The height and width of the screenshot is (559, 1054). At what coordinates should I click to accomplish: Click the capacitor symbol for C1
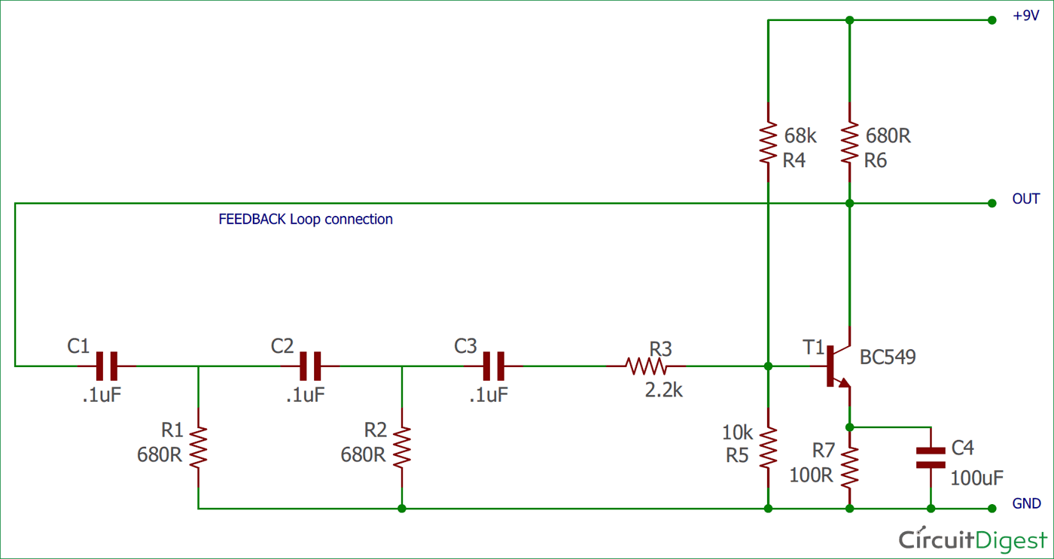tap(107, 366)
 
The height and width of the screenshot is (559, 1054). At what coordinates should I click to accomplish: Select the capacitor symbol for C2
tap(310, 366)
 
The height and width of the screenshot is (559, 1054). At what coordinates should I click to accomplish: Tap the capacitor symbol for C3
tap(494, 366)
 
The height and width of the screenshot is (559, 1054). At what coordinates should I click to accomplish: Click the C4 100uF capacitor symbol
tap(931, 458)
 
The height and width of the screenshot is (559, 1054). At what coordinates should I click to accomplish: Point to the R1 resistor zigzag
tap(198, 447)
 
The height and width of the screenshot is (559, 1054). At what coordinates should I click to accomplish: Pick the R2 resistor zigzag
tap(402, 447)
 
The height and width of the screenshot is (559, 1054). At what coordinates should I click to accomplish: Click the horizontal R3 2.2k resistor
tap(646, 366)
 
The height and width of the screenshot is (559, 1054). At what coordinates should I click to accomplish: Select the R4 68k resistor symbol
tap(768, 142)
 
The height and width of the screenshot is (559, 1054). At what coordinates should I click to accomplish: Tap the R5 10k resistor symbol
tap(768, 447)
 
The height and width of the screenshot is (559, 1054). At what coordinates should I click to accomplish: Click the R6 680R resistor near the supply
tap(849, 142)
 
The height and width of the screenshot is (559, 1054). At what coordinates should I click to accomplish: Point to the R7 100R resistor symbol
tap(849, 467)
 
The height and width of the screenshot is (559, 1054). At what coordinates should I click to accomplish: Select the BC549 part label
tap(888, 357)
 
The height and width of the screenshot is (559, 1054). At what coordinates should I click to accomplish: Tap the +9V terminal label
tap(1025, 16)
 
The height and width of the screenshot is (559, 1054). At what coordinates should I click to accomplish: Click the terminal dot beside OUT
tap(992, 203)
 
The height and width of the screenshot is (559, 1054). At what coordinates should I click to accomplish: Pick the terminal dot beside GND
tap(992, 509)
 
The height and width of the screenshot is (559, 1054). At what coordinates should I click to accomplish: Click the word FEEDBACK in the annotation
tap(251, 219)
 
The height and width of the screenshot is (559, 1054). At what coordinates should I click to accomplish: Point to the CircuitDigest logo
tap(973, 540)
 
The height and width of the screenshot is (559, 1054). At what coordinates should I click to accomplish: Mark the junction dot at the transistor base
tap(768, 366)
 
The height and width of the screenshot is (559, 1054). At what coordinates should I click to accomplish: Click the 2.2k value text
tap(663, 390)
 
